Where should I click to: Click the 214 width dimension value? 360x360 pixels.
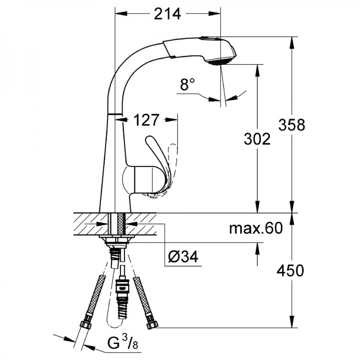pos(168,14)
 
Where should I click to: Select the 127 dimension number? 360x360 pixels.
pos(146,120)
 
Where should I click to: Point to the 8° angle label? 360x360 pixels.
pos(187,84)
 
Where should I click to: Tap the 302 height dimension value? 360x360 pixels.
pos(257,139)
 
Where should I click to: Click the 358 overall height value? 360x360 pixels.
pos(291,125)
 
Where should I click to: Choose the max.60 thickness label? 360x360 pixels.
pos(256,228)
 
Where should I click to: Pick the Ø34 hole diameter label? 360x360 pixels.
pos(183,256)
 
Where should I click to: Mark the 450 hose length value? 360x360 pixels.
pos(290,270)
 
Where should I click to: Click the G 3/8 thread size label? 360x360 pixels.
pos(122,343)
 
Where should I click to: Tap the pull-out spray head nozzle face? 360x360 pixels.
pos(221,62)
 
